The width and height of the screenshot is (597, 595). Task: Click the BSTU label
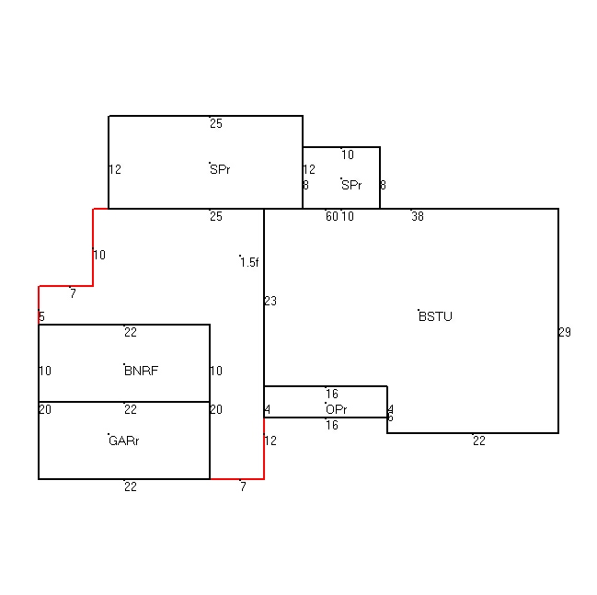[435, 316]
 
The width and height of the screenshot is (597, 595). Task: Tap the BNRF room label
[142, 371]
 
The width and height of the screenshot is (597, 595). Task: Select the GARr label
[124, 441]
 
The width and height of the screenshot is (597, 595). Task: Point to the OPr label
[337, 409]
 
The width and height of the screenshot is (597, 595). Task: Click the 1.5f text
[249, 262]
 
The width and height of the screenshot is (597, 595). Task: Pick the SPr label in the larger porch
[220, 169]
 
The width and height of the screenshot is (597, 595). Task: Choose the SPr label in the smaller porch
[351, 185]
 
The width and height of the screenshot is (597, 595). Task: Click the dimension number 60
[332, 216]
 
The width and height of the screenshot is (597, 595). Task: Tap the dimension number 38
[418, 216]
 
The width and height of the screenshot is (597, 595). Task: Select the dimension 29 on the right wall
[565, 332]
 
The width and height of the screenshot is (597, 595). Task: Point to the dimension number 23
[270, 301]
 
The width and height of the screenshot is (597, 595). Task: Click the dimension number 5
[41, 316]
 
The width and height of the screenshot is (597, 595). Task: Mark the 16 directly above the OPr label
[332, 394]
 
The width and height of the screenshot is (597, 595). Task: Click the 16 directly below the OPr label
[332, 425]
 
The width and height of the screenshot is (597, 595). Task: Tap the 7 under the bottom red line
[243, 486]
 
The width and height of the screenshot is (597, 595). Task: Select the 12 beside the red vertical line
[270, 441]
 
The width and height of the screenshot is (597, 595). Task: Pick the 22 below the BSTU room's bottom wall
[479, 441]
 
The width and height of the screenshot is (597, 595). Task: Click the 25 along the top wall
[216, 123]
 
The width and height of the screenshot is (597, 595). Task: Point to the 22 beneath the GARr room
[131, 486]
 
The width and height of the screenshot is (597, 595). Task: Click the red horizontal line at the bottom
[236, 479]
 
